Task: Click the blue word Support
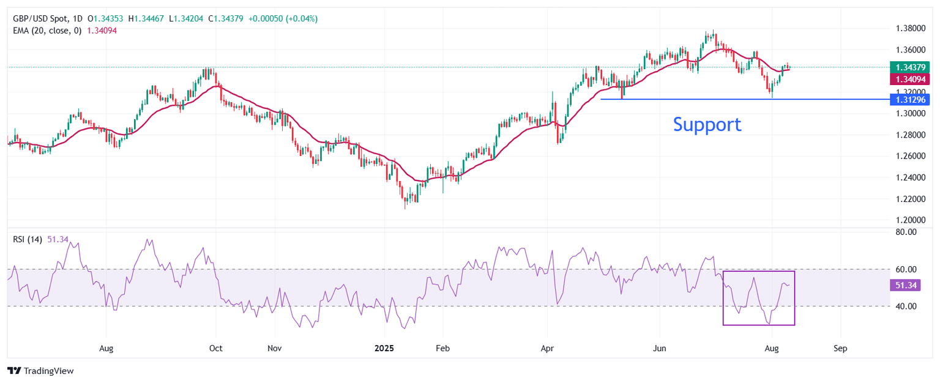(707, 124)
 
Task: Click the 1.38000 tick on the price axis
(911, 28)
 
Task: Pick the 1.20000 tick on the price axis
(911, 220)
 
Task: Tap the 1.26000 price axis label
(911, 156)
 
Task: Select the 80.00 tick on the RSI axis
(906, 232)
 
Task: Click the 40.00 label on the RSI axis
(906, 306)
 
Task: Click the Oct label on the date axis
(215, 348)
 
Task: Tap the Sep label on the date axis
(840, 348)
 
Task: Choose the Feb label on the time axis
(442, 348)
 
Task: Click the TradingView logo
(40, 371)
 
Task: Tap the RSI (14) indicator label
(28, 240)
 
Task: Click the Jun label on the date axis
(660, 348)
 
